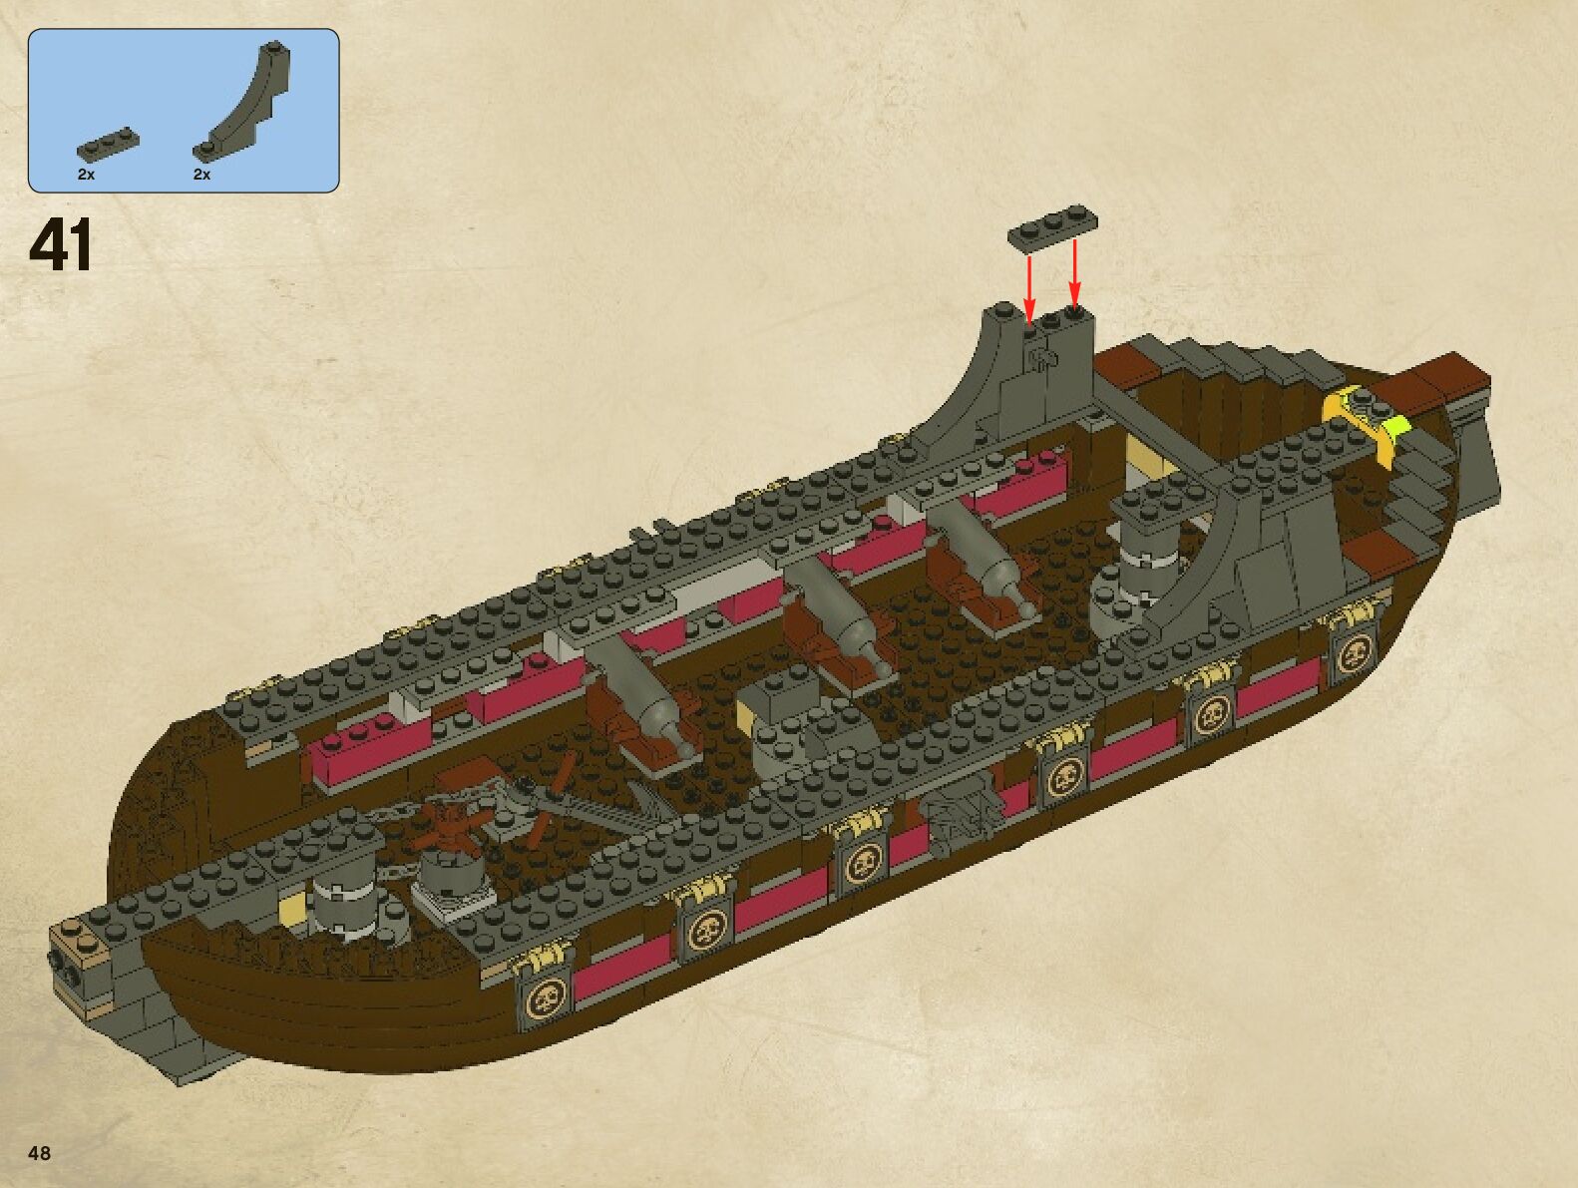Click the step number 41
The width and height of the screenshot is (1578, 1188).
pyautogui.click(x=62, y=245)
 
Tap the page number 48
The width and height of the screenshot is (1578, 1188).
pyautogui.click(x=40, y=1153)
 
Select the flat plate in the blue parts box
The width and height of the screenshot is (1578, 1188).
pyautogui.click(x=107, y=145)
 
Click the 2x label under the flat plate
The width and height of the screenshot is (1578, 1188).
pyautogui.click(x=86, y=175)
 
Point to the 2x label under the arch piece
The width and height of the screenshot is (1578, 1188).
pyautogui.click(x=201, y=175)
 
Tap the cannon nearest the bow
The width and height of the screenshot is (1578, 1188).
pyautogui.click(x=648, y=703)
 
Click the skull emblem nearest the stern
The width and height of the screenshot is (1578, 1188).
pyautogui.click(x=1355, y=655)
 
